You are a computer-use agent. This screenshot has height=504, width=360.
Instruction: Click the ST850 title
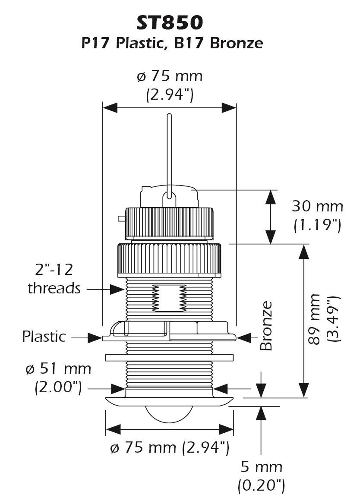170,23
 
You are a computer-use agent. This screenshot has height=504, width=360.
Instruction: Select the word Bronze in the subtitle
236,43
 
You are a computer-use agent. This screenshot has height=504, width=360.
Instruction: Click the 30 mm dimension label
317,206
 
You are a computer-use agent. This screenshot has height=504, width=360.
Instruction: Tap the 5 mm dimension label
261,467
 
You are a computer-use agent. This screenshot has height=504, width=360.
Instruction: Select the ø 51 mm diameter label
58,369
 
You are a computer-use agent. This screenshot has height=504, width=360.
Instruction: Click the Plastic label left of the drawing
44,337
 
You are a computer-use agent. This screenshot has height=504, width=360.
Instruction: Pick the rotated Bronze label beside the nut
266,326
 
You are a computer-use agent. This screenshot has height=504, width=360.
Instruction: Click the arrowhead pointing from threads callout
117,289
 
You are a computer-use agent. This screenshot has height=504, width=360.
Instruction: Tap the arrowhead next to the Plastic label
95,338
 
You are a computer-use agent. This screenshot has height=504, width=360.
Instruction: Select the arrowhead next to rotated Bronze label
243,338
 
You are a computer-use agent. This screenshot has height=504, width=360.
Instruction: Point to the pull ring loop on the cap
169,199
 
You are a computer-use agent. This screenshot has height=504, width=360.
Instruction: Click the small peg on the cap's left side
122,219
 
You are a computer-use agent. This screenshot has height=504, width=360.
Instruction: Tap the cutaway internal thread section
169,298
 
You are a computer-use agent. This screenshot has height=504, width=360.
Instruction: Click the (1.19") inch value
317,225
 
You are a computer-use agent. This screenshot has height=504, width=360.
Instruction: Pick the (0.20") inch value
261,485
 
